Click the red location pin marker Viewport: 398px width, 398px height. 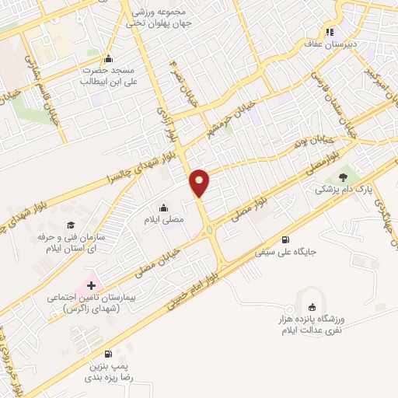click(x=200, y=183)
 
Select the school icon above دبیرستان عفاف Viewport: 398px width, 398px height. click(x=330, y=33)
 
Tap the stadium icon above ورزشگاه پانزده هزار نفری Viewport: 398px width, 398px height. click(x=312, y=305)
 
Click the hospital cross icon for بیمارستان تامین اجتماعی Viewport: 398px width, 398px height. click(x=91, y=285)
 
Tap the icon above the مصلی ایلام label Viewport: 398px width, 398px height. click(x=164, y=208)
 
